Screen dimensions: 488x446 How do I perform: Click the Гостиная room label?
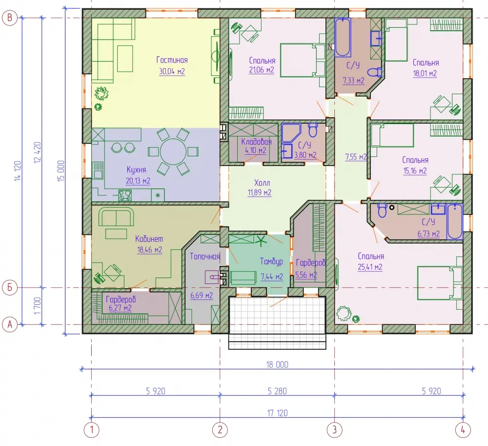(172, 60)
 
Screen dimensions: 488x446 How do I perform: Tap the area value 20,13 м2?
(138, 181)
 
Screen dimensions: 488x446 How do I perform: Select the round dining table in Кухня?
(173, 151)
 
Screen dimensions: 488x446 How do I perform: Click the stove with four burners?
(125, 195)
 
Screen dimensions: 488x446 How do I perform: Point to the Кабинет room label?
(149, 239)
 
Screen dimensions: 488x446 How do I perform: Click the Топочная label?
(205, 256)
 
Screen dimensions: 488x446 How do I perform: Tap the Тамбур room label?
(271, 261)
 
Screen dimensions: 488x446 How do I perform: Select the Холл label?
(262, 183)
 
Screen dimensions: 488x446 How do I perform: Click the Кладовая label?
(257, 142)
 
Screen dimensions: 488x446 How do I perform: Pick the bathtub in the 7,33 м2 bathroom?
(343, 38)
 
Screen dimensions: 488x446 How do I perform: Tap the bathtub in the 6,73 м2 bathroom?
(455, 222)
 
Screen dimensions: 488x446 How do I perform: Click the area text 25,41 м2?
(370, 267)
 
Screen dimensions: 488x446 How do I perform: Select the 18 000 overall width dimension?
(277, 365)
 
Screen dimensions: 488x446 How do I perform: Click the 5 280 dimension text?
(277, 391)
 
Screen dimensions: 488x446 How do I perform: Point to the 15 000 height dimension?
(61, 170)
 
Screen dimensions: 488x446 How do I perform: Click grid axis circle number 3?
(335, 430)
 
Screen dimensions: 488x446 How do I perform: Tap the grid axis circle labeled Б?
(10, 287)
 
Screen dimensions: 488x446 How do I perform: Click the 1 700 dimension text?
(38, 306)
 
